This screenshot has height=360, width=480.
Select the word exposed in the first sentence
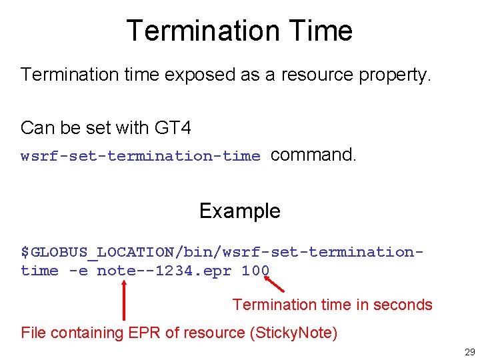195,75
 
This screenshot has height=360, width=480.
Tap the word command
314,155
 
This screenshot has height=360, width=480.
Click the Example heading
240,211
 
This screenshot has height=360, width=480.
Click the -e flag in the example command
77,271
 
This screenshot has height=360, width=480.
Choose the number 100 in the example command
255,271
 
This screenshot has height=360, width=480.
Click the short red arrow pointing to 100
274,285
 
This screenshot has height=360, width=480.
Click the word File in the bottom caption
34,333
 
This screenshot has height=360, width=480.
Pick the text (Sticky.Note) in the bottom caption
293,333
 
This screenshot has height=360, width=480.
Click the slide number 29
469,352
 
